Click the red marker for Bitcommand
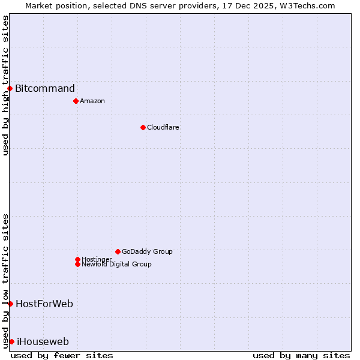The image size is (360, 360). (x=10, y=89)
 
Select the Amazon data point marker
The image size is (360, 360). (x=76, y=101)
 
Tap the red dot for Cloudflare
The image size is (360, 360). (x=143, y=127)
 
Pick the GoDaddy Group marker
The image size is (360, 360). (x=118, y=251)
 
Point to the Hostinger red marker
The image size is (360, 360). (x=77, y=259)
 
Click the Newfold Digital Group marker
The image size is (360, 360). (x=77, y=264)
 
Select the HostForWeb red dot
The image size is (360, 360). (x=10, y=304)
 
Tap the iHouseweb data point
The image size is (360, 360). (x=11, y=341)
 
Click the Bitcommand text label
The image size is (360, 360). (x=45, y=89)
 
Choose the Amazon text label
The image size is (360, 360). (x=92, y=101)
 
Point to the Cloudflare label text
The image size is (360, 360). (x=163, y=127)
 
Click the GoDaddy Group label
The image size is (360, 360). (x=147, y=251)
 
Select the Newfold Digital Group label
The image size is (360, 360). (x=116, y=265)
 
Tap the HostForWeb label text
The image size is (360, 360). (x=44, y=304)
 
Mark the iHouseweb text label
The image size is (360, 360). (x=43, y=342)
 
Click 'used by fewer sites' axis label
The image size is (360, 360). (x=62, y=355)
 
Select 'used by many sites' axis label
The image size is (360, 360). (x=301, y=355)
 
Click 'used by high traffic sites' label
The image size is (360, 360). (x=5, y=85)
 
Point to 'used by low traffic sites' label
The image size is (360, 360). (x=5, y=280)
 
